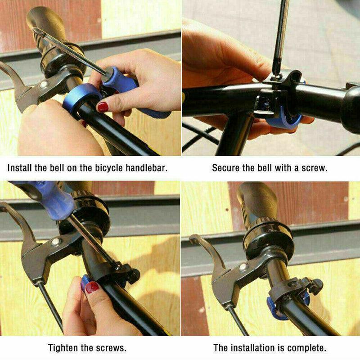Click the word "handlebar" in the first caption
click(x=147, y=168)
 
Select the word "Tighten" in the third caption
click(x=63, y=347)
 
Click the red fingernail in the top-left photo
click(x=103, y=107)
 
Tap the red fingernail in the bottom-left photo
click(x=92, y=287)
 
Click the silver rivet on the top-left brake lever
click(x=44, y=85)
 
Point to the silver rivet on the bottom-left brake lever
click(x=55, y=242)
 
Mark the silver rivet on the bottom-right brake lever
click(x=243, y=267)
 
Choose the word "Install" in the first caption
click(x=19, y=168)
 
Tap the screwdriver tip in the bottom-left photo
click(x=117, y=266)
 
